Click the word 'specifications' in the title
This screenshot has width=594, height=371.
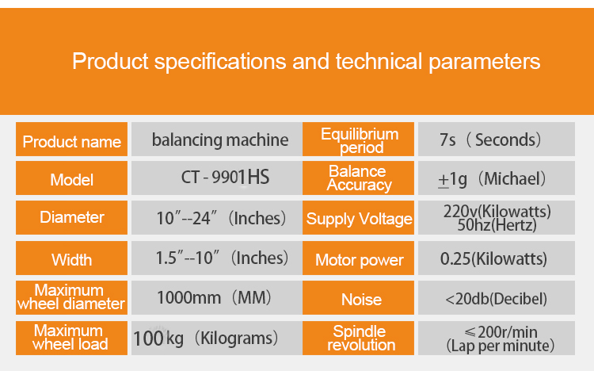[219, 62]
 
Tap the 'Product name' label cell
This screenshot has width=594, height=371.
[71, 140]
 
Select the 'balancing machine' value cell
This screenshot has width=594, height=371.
[217, 140]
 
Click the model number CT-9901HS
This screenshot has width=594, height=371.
[225, 177]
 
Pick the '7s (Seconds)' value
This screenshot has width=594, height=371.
[490, 140]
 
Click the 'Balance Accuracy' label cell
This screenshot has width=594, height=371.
[358, 178]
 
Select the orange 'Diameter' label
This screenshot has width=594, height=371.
[71, 217]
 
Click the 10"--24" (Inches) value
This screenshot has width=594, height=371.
[221, 218]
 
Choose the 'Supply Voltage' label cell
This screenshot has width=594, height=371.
[358, 217]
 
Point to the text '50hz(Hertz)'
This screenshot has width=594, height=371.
[497, 225]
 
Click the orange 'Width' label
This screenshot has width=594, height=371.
[71, 258]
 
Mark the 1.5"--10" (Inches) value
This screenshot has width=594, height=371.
[222, 258]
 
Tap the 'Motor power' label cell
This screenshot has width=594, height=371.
[358, 258]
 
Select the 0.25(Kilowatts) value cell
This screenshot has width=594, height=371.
[497, 258]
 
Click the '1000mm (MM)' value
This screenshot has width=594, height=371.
[215, 298]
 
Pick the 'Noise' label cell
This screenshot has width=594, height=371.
[358, 298]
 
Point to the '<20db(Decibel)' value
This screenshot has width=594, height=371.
[497, 299]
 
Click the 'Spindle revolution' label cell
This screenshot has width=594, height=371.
[358, 338]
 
